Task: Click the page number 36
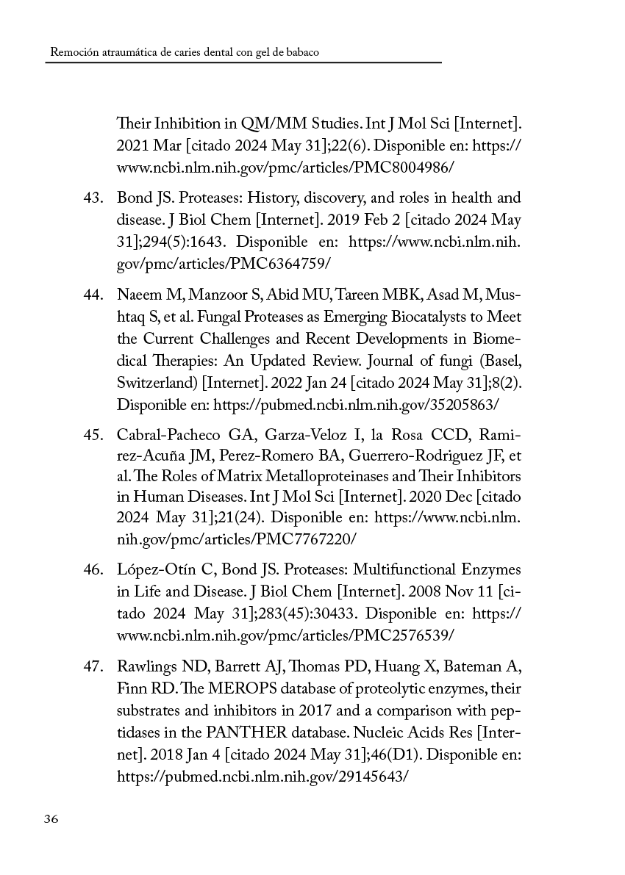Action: tap(51, 819)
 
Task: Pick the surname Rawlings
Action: tap(146, 666)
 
